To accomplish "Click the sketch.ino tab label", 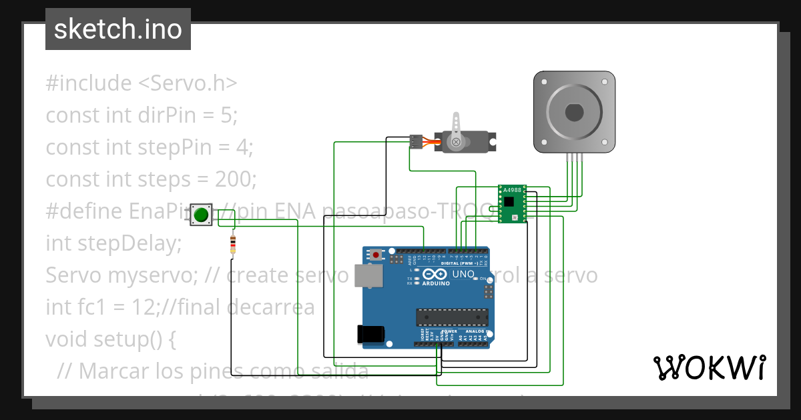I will [x=118, y=29].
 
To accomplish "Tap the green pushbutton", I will [x=201, y=215].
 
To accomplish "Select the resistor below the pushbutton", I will [x=232, y=245].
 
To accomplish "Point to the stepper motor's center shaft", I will [x=573, y=112].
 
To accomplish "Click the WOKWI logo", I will [x=709, y=367].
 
